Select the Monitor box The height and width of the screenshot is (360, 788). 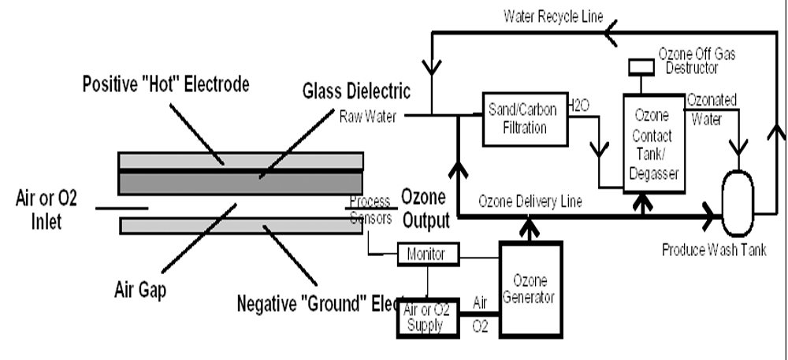tap(424, 254)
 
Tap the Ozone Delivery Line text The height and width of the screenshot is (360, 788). tap(530, 202)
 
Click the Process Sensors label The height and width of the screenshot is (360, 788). tap(370, 209)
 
